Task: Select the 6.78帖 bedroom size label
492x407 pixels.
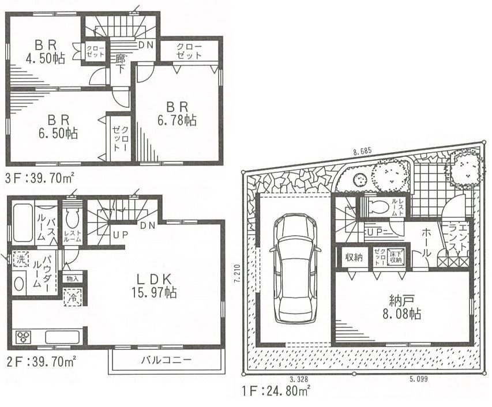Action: [x=178, y=114]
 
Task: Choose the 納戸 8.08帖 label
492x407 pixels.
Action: [x=403, y=307]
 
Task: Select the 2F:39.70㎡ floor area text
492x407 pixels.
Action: [x=40, y=363]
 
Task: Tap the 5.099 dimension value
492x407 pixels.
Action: [x=419, y=378]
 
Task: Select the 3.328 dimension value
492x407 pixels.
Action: [x=298, y=378]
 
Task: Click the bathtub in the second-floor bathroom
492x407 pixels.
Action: [x=22, y=223]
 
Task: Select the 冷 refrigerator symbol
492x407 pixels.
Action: [x=73, y=299]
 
